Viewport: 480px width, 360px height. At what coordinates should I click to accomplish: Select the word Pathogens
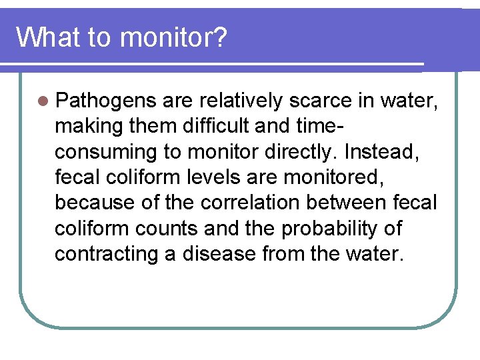(105, 101)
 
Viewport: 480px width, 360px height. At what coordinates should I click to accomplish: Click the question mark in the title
(219, 38)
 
